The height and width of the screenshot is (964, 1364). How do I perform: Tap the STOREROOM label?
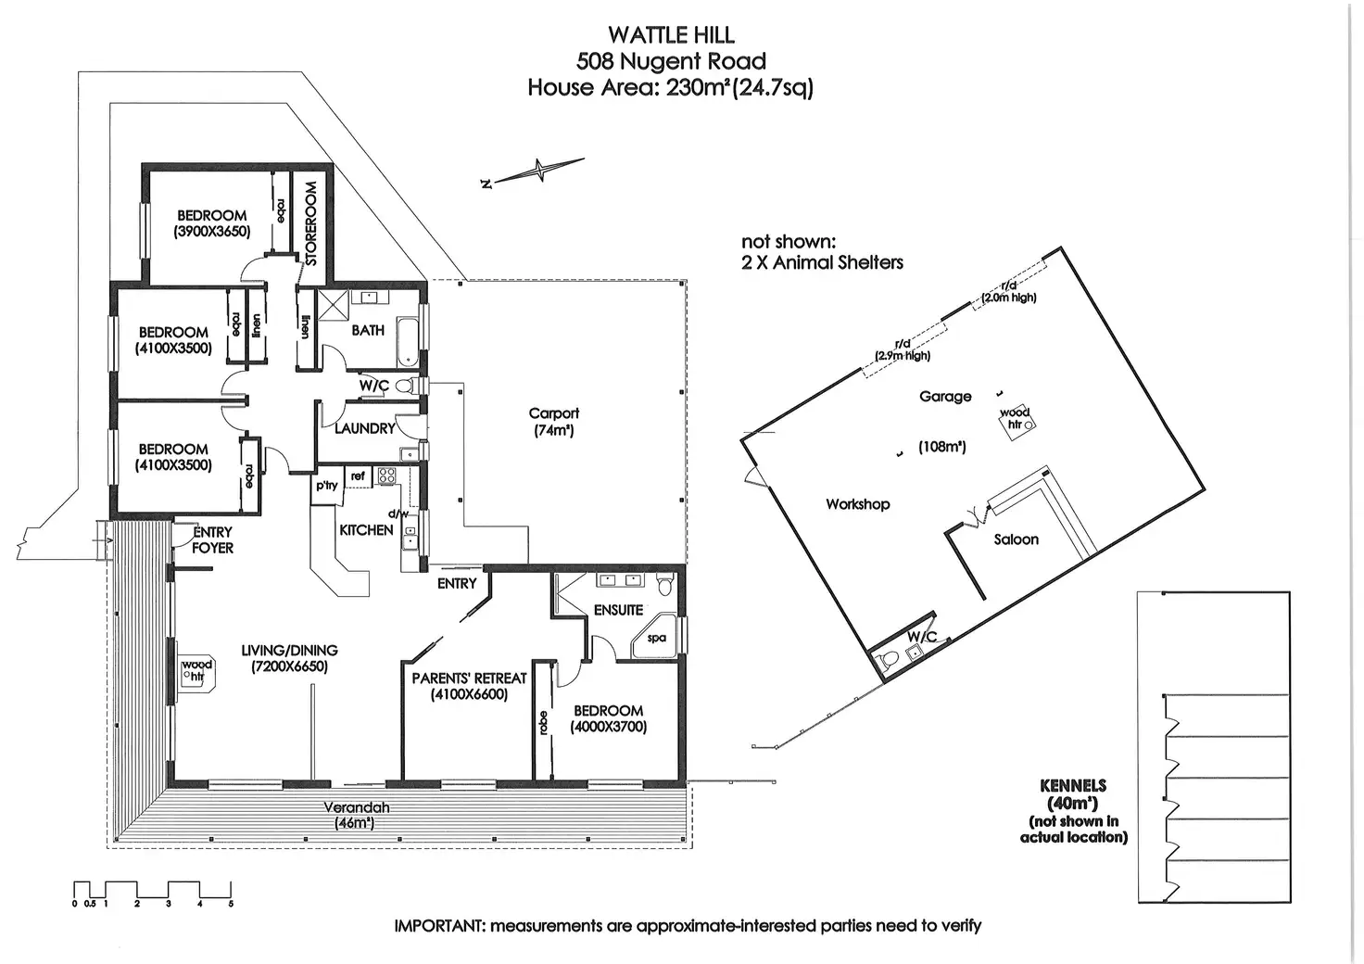tap(311, 223)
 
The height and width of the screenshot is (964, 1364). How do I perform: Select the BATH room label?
tap(368, 330)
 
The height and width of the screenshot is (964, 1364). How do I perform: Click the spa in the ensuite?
tap(655, 637)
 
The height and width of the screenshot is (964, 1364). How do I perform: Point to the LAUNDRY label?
tap(365, 429)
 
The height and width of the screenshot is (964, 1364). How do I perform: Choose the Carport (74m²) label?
tap(553, 422)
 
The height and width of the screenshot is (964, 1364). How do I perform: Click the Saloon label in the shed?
tap(1016, 539)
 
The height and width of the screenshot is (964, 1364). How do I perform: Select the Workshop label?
tap(857, 504)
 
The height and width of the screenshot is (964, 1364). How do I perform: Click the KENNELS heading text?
tap(1073, 786)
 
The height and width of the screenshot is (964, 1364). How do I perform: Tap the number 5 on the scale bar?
tap(231, 904)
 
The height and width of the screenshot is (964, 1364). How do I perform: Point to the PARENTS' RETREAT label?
tap(469, 678)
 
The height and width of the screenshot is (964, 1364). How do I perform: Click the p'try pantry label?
tap(326, 486)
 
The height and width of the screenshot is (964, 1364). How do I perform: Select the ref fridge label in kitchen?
tap(358, 476)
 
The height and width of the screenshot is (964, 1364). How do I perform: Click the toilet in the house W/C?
tap(407, 386)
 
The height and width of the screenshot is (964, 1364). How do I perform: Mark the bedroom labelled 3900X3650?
tap(212, 223)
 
